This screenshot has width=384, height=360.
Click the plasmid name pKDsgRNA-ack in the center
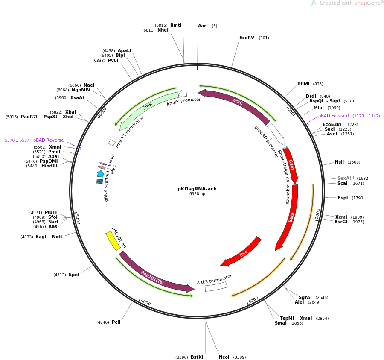click(197, 189)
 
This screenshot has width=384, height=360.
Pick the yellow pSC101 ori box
click(113, 241)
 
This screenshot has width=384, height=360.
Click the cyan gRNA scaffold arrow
click(100, 173)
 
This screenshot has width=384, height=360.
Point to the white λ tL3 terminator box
click(216, 287)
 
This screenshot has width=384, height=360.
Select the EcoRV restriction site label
click(247, 38)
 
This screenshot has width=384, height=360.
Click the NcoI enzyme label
click(224, 357)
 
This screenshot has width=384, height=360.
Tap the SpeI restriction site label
click(74, 275)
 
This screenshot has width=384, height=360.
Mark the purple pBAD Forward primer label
click(333, 116)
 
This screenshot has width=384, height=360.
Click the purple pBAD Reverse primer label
click(49, 140)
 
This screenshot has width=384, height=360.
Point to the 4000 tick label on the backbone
click(146, 302)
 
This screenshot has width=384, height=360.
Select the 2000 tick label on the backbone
click(317, 214)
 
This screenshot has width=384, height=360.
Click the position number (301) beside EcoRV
click(264, 38)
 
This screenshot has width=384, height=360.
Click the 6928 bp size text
click(197, 194)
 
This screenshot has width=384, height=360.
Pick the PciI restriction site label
click(116, 322)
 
